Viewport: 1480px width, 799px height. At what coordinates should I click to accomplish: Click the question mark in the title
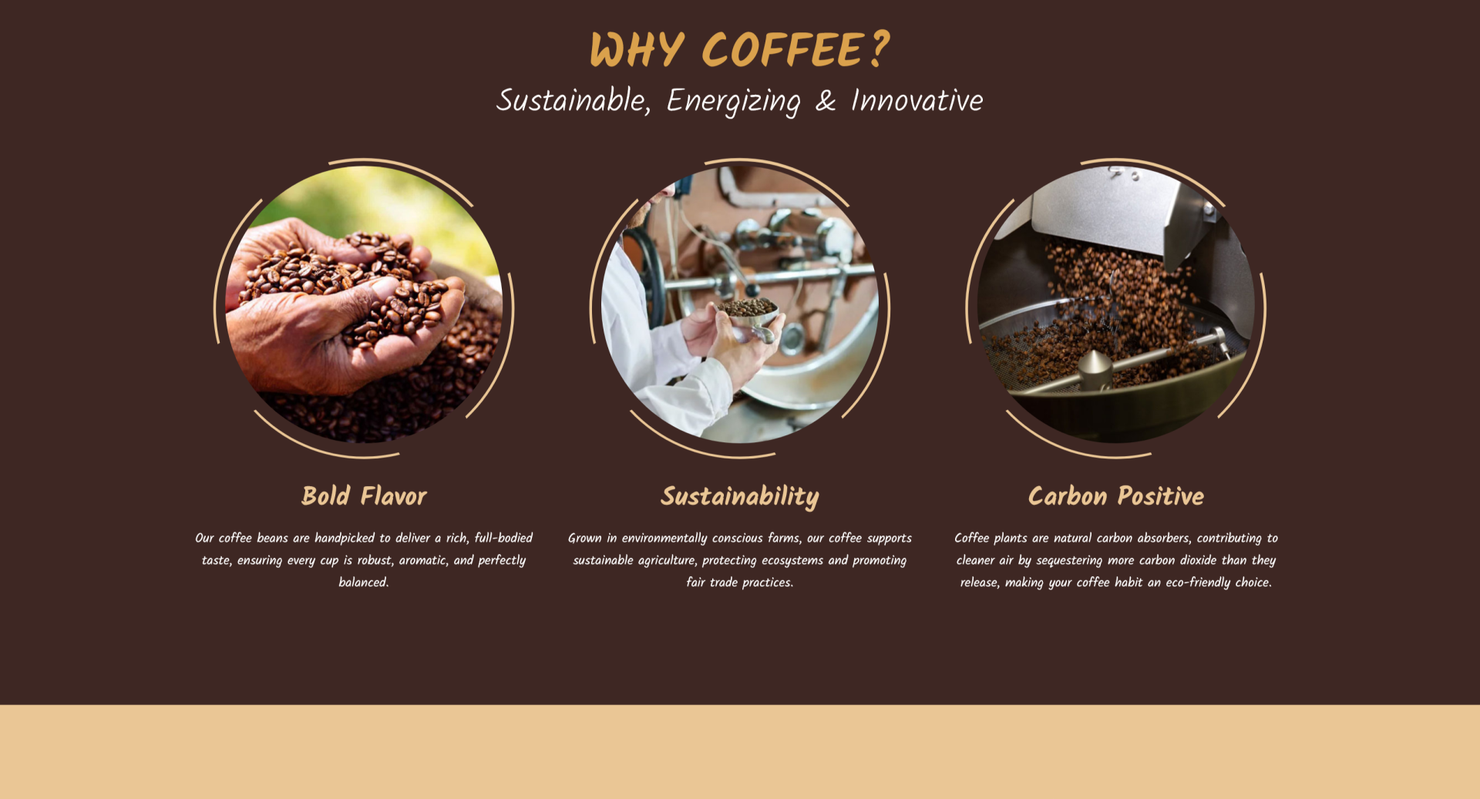coord(878,49)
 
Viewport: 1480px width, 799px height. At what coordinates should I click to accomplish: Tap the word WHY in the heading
coord(637,50)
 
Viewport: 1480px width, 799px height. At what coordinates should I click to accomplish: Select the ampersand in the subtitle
coord(826,101)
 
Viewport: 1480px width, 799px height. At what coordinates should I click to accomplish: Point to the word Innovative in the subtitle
coord(917,101)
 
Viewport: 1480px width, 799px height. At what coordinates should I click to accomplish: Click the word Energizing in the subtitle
coord(733,102)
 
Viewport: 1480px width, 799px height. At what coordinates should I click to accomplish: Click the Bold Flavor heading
coord(364,496)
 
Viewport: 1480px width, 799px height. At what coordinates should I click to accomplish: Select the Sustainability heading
coord(740,497)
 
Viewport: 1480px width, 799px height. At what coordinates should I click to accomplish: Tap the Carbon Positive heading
coord(1116,496)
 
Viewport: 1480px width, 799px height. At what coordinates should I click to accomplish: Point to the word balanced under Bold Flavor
coord(363,582)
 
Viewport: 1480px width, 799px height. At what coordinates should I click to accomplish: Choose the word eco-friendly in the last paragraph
coord(1198,582)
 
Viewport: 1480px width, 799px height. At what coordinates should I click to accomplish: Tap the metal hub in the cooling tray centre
coord(1095,369)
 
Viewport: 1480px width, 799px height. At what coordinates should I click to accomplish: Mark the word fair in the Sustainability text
coord(695,582)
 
